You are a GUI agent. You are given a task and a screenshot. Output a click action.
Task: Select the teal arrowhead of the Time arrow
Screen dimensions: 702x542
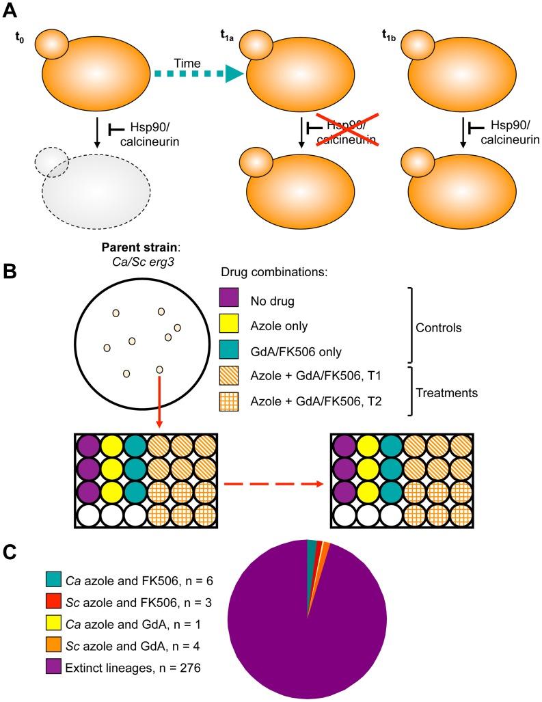[x=234, y=77]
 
